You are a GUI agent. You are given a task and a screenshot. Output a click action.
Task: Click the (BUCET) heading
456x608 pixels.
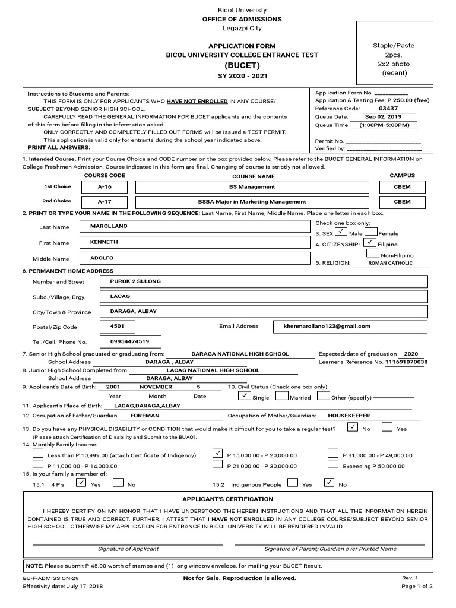tap(242, 65)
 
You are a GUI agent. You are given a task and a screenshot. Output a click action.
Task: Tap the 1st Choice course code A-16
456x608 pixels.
tap(104, 187)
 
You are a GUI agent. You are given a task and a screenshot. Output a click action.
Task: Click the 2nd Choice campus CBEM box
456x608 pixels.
tap(402, 202)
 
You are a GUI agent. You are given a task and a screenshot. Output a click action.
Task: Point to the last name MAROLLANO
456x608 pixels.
tap(109, 226)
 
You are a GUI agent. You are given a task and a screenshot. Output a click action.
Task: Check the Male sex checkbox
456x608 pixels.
tap(341, 233)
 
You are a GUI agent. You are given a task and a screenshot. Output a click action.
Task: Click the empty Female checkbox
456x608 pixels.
tap(372, 233)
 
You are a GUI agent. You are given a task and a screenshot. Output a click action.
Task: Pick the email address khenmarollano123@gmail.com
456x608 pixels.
tap(327, 326)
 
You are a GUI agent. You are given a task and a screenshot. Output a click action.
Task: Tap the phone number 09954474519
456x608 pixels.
tap(129, 341)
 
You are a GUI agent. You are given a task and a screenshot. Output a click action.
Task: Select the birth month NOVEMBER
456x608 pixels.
tap(156, 387)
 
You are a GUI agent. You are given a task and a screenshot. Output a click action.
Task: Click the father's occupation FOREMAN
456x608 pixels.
tap(144, 416)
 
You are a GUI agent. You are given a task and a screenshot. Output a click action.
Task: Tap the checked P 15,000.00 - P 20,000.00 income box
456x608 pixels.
tap(217, 454)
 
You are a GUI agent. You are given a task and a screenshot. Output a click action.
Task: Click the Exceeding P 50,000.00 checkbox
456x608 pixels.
tap(334, 465)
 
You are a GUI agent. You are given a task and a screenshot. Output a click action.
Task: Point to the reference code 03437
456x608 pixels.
tap(388, 109)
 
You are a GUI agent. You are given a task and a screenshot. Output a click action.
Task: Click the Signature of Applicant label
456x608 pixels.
tap(128, 549)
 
